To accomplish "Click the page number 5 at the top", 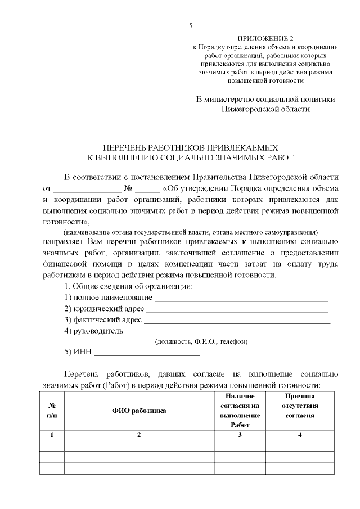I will [x=190, y=26].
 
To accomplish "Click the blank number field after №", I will [x=147, y=189].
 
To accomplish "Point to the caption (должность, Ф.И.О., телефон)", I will [x=201, y=341].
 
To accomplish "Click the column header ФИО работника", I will [x=139, y=411].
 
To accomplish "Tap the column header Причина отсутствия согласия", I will [x=299, y=406].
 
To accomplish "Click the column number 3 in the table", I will [x=240, y=435].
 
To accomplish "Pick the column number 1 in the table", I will [x=52, y=435].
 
